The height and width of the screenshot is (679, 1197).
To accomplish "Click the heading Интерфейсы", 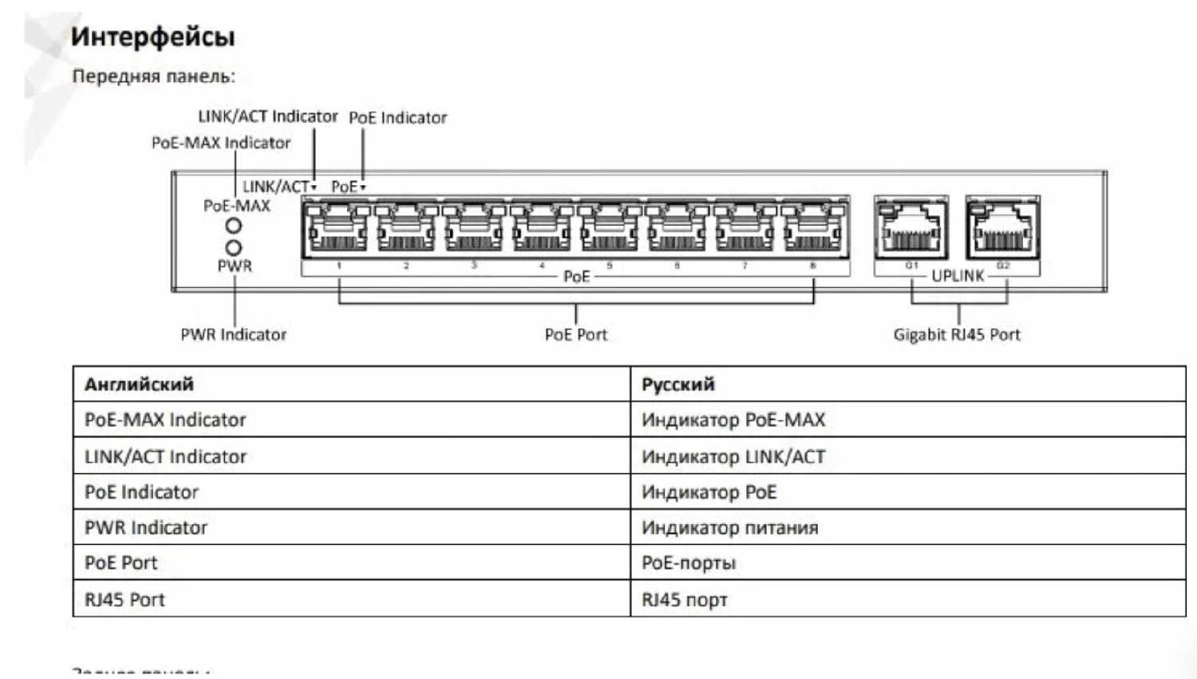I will tap(152, 37).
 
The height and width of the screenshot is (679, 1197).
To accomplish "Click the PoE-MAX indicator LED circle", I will tap(233, 227).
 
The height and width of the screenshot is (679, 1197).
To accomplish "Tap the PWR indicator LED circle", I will tap(233, 248).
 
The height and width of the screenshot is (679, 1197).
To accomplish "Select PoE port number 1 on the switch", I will tap(338, 230).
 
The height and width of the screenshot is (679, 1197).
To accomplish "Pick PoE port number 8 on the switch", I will tap(812, 230).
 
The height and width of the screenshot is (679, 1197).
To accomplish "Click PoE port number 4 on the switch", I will tap(541, 230).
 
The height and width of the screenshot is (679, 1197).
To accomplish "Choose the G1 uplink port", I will tap(911, 228).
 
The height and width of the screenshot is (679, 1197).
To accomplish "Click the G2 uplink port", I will tap(1002, 228).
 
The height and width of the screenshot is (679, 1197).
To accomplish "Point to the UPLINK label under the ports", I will tap(958, 276).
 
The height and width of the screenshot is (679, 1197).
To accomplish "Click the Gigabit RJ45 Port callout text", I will tap(956, 335).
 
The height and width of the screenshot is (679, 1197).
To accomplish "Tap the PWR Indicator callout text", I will tap(233, 335).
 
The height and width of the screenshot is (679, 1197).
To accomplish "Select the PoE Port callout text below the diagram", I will tap(575, 335).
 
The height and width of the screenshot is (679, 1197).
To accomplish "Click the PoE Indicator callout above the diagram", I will tap(397, 118).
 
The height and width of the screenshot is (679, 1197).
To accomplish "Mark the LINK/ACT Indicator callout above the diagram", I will tap(267, 116).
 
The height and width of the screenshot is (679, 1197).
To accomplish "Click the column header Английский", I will tap(139, 385).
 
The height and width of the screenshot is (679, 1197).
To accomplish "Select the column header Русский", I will tap(678, 385).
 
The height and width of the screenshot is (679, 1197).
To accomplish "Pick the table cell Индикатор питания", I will tap(729, 527).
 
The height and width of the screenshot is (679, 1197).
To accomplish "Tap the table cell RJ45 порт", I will tap(684, 600).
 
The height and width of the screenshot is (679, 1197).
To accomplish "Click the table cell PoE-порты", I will tap(688, 563).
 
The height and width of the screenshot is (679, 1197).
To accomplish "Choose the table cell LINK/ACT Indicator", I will tap(165, 456).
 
